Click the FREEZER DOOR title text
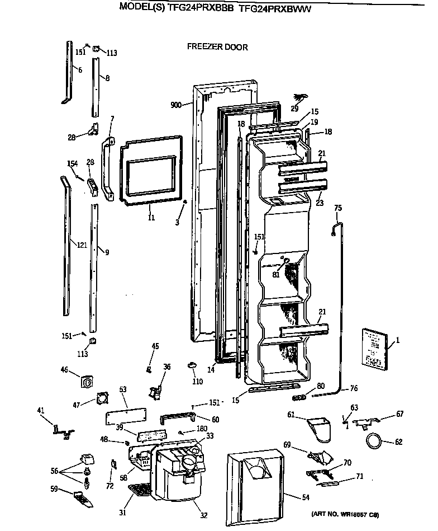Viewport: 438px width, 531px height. pos(217,48)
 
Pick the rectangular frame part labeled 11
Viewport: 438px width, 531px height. pos(150,170)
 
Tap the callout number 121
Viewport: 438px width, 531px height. pos(82,245)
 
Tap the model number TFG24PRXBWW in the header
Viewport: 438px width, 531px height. pos(275,8)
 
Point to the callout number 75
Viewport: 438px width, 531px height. pos(337,209)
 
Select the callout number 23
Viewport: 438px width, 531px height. pos(320,204)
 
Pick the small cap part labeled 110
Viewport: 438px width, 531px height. pos(192,365)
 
